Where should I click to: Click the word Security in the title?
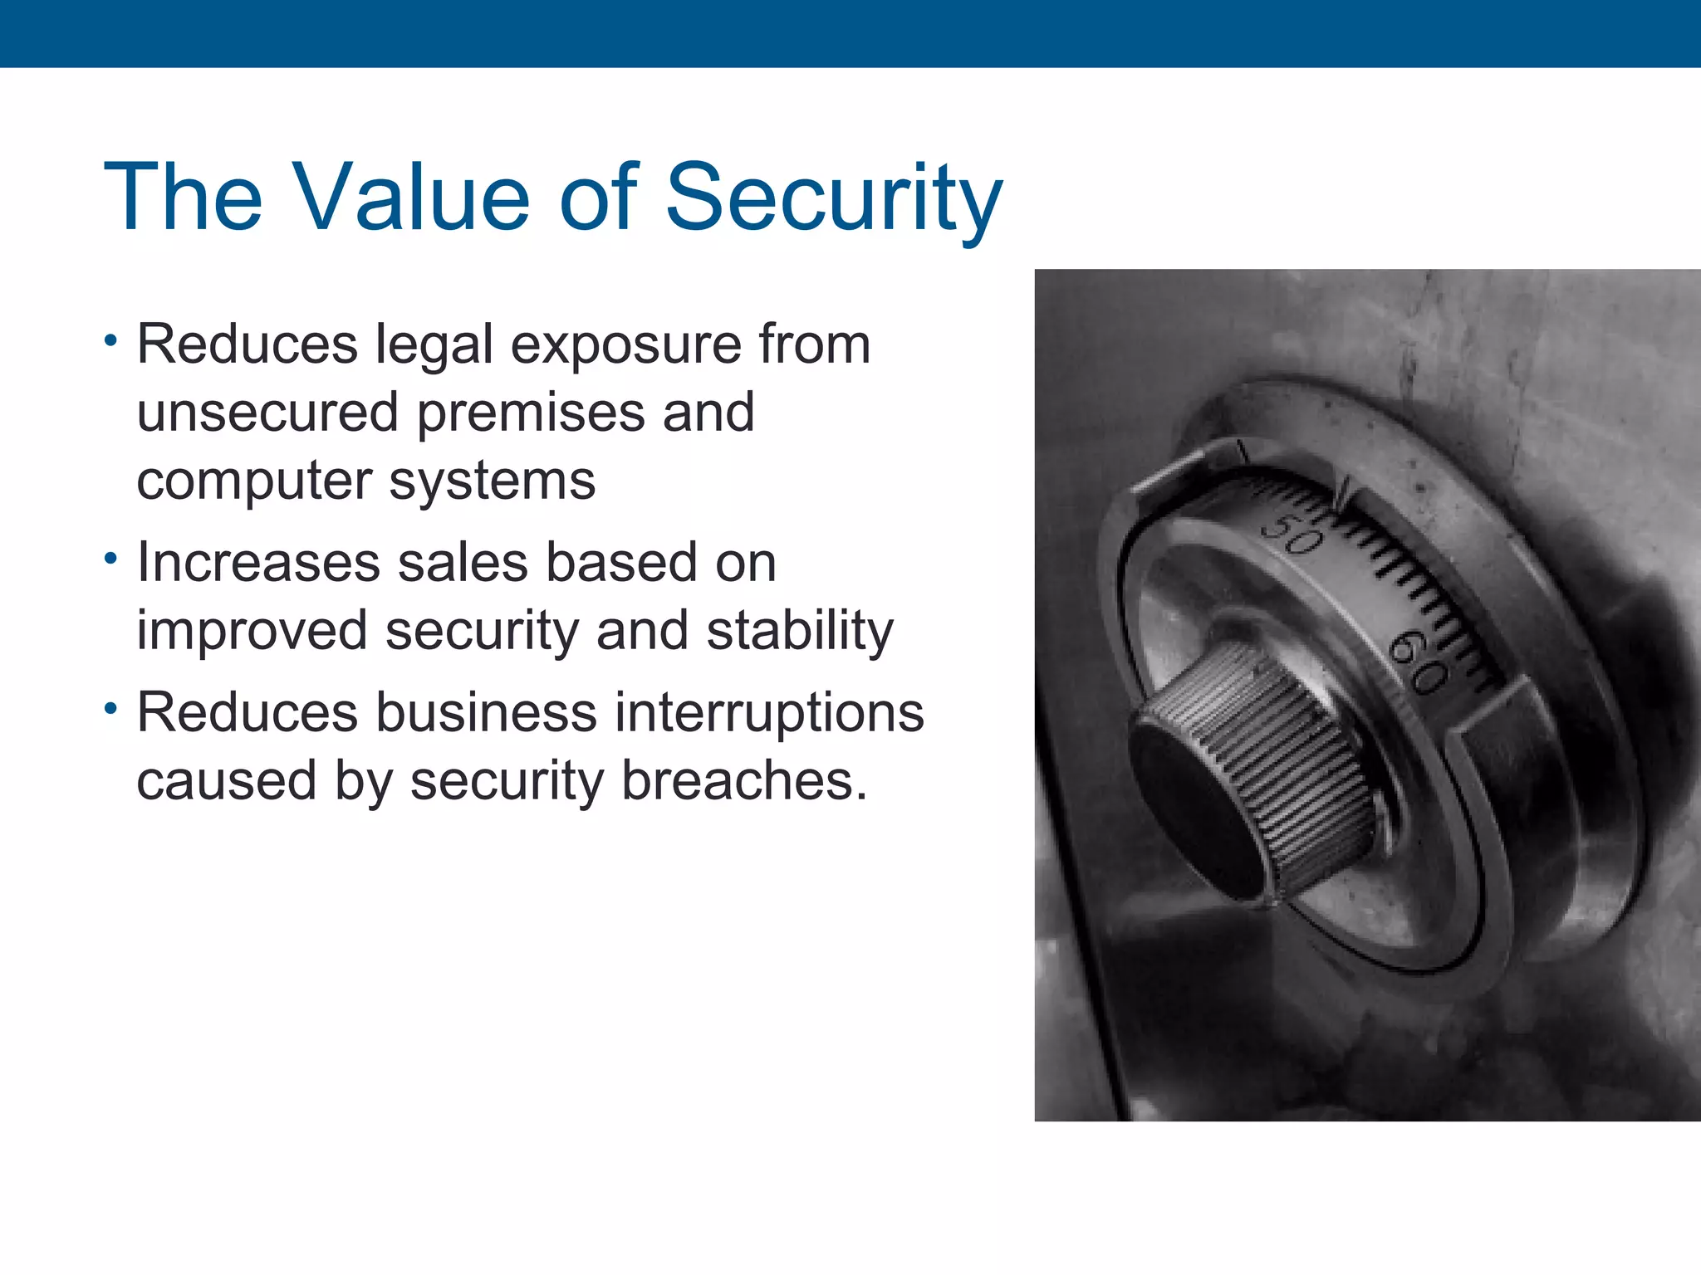coord(834,199)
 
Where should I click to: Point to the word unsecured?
coord(268,413)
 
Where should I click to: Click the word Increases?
coord(258,562)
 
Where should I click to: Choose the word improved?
coord(252,632)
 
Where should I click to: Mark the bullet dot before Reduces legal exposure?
coord(110,340)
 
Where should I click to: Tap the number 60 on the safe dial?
coord(1420,661)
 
